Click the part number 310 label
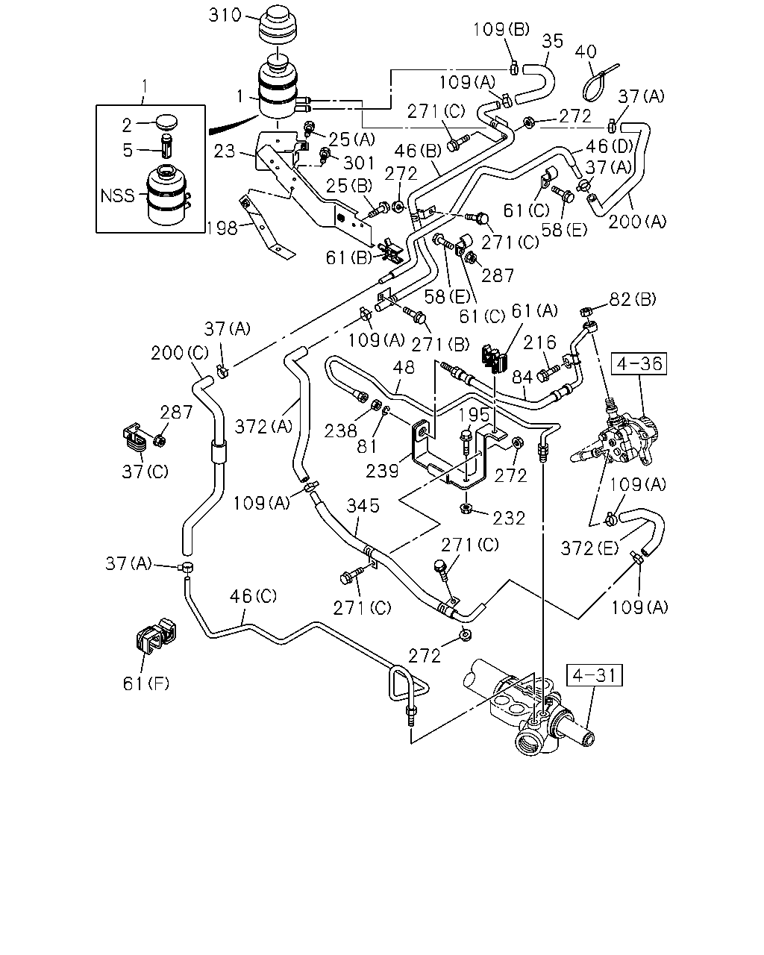225,16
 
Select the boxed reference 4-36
639,363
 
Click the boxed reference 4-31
594,675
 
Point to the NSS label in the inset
117,195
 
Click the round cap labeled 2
166,121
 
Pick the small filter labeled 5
166,145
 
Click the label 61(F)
146,683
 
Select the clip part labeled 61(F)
155,635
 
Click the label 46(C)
253,596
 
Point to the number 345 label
363,505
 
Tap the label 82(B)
633,299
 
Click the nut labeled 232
466,507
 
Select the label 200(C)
180,353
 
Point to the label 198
222,228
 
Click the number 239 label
382,471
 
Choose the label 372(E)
589,548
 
